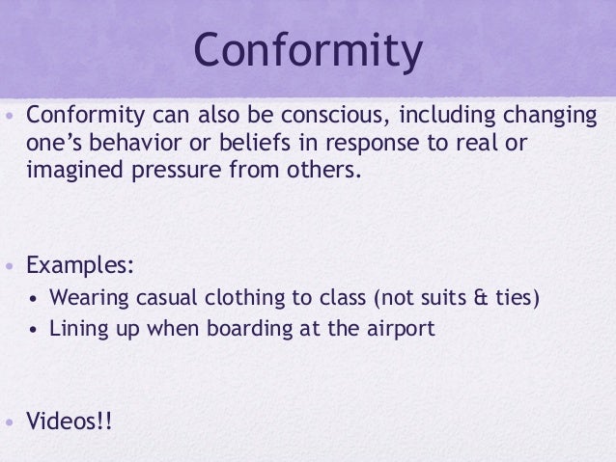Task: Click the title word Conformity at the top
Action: tap(308, 54)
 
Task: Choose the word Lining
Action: tap(78, 328)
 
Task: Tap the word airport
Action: tap(400, 328)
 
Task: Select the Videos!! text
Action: tap(70, 422)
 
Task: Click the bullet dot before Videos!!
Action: tap(10, 423)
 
